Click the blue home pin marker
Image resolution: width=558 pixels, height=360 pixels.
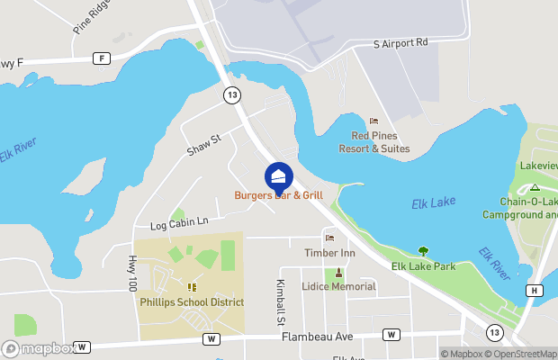coord(279,175)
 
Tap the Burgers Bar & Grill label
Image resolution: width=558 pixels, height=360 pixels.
coord(278,195)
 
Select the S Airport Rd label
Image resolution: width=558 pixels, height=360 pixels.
coord(401,43)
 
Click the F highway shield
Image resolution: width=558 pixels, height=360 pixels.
coord(102,58)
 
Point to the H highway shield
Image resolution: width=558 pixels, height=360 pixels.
coord(535,290)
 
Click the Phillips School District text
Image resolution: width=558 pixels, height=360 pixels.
coord(192,302)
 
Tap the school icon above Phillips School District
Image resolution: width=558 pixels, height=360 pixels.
coord(192,287)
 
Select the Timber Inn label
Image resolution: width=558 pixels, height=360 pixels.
coord(329,254)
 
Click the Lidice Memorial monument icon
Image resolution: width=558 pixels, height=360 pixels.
coord(339,273)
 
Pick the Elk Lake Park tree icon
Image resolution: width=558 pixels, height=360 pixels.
coord(423,251)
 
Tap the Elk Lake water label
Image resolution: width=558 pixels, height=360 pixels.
coord(434,203)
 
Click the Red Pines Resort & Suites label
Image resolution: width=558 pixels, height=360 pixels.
coord(381,142)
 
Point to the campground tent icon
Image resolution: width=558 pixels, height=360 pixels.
coord(535,187)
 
